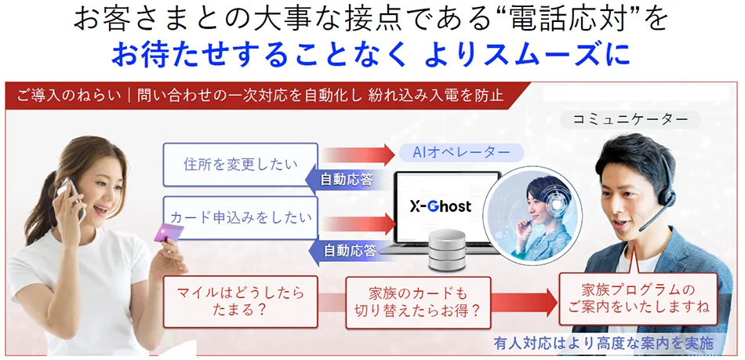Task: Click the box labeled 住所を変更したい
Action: pyautogui.click(x=240, y=164)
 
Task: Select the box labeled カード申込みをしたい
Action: pyautogui.click(x=240, y=217)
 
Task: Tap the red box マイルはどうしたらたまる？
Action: pyautogui.click(x=240, y=301)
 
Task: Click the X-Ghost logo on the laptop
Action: pyautogui.click(x=441, y=206)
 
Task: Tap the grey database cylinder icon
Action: pyautogui.click(x=447, y=249)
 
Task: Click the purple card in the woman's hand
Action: pyautogui.click(x=168, y=233)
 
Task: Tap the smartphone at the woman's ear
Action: pyautogui.click(x=72, y=196)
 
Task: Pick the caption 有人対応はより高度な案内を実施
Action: pyautogui.click(x=604, y=343)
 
